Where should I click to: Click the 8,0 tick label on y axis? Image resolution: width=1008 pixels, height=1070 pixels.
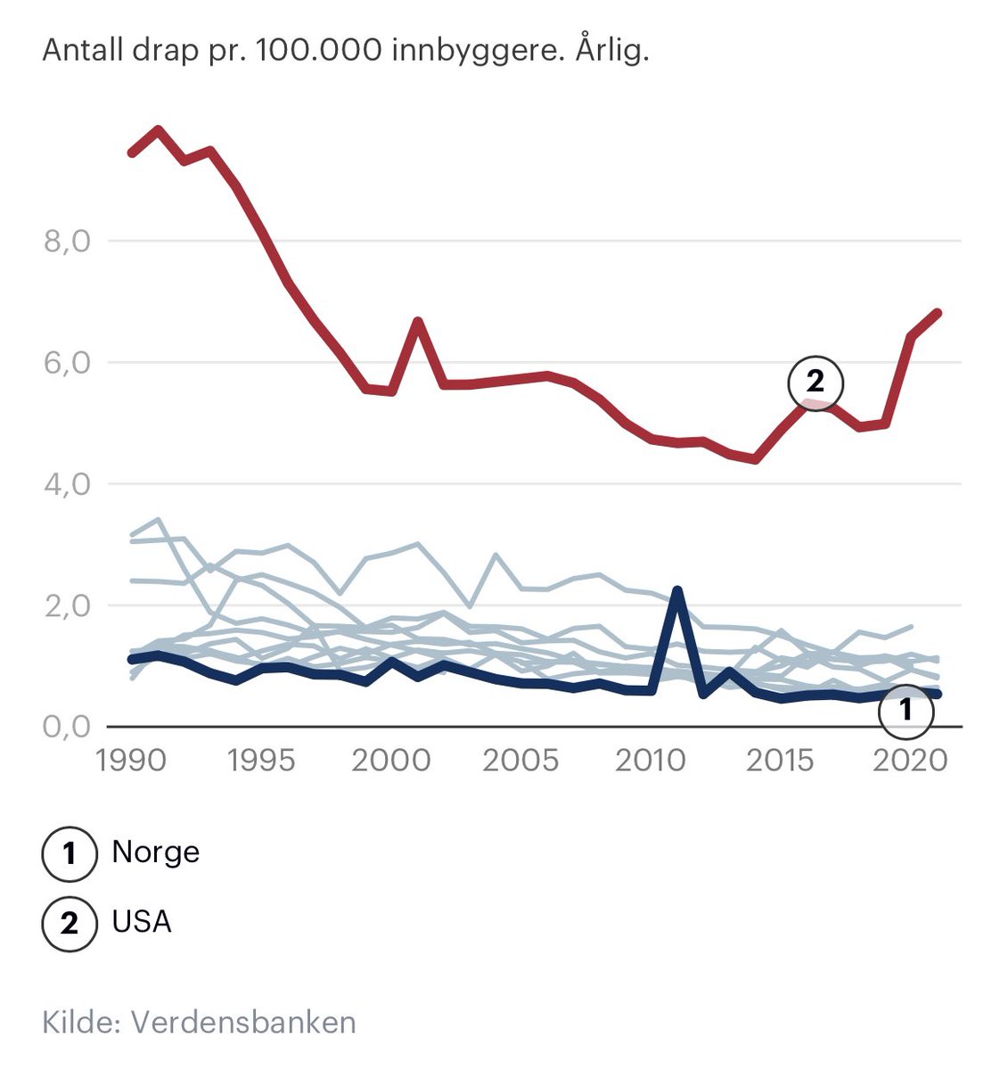click(67, 242)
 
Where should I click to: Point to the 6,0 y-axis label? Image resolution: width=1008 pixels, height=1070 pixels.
click(67, 363)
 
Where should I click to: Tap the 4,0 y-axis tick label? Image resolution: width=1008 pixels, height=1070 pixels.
click(67, 484)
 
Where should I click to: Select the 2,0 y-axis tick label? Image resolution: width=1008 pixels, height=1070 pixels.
click(67, 605)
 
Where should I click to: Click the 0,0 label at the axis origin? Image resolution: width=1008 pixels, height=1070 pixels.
click(67, 727)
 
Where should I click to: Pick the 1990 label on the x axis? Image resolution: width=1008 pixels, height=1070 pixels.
click(132, 761)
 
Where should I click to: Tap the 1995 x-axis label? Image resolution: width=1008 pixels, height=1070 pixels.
click(261, 761)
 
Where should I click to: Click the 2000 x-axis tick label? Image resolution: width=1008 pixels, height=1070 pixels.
click(390, 761)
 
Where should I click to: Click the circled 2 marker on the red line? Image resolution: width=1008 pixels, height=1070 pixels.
click(815, 383)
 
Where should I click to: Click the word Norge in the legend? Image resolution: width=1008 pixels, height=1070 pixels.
click(155, 852)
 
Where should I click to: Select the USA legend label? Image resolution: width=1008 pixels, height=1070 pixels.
click(142, 921)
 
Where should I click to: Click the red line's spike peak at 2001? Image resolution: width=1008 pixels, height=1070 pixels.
click(418, 321)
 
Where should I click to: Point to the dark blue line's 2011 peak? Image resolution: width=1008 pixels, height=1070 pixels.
click(677, 590)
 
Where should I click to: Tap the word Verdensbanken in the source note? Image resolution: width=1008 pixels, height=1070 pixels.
click(243, 1022)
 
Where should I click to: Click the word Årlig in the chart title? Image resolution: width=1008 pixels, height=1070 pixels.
click(611, 50)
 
